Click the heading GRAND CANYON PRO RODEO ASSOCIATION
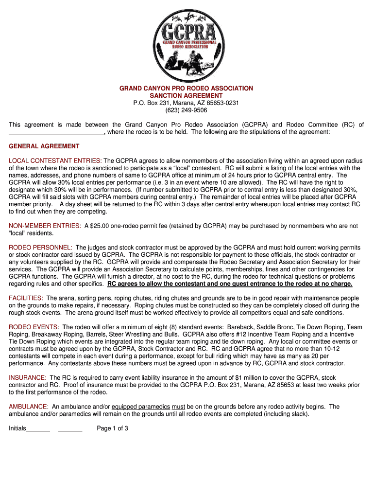[x=187, y=89]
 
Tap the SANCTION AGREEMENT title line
[x=187, y=96]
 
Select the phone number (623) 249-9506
[x=187, y=110]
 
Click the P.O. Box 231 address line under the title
[x=187, y=103]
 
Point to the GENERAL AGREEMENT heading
[x=44, y=146]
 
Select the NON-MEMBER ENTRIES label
[x=45, y=226]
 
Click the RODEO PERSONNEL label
[x=41, y=248]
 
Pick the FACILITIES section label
[x=26, y=298]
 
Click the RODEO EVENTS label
[x=34, y=327]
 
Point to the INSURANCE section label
[x=28, y=378]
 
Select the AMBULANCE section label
[x=29, y=407]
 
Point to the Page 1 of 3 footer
[x=113, y=428]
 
